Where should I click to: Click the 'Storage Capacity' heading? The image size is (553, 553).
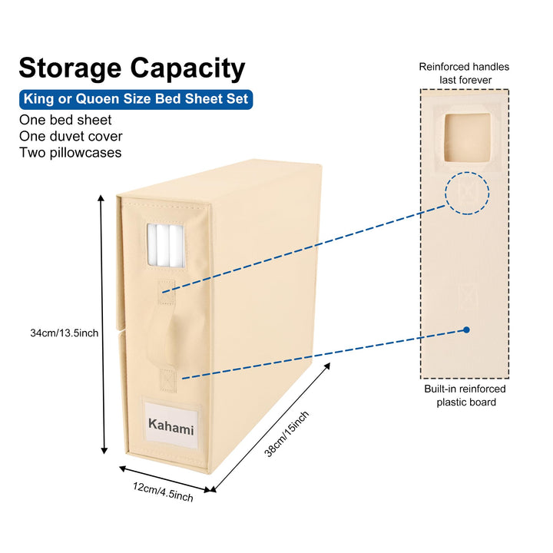(x=132, y=68)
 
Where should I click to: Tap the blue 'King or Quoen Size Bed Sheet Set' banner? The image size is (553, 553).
(x=136, y=99)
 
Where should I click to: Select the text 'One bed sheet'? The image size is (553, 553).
(x=65, y=120)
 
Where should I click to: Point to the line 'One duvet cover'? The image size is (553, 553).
(x=71, y=136)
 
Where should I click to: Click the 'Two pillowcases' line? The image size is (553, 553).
(x=71, y=153)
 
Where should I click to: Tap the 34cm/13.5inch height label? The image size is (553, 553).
(x=65, y=333)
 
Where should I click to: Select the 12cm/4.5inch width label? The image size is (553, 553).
(x=163, y=492)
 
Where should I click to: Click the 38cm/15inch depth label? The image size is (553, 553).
(x=286, y=434)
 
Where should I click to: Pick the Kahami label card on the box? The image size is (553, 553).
(x=171, y=426)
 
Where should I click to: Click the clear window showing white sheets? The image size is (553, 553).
(x=166, y=246)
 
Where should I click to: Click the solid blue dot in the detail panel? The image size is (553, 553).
(x=466, y=329)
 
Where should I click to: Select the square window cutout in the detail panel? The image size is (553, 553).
(x=467, y=137)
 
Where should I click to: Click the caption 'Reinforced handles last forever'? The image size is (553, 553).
(x=465, y=74)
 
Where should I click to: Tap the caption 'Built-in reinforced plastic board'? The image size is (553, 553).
(x=465, y=396)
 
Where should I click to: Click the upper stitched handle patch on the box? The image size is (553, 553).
(x=166, y=293)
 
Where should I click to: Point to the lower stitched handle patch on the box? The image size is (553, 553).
(x=168, y=380)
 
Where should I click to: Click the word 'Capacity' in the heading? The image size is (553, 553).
(x=188, y=69)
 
